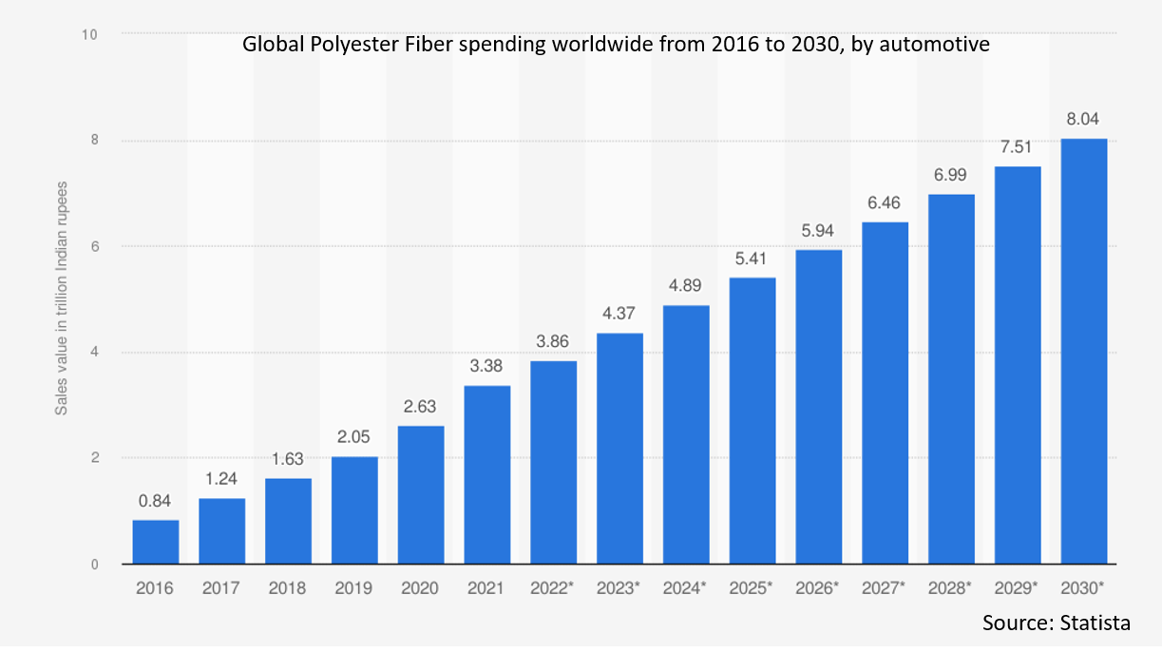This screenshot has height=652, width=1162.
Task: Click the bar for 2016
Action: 155,542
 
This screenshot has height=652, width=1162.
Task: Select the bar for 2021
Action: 486,474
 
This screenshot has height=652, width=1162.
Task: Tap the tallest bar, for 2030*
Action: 1084,351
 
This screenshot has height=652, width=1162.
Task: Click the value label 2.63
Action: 420,407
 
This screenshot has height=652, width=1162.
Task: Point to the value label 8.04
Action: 1084,120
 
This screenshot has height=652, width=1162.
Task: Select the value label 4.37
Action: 619,315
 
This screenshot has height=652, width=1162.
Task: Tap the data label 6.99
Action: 951,176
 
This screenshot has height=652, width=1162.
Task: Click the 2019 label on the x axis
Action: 353,588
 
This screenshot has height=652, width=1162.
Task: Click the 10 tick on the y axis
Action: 90,34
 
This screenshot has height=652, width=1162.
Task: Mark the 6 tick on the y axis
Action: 93,246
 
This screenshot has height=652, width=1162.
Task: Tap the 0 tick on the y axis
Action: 93,565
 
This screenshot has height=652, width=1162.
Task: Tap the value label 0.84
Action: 155,502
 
